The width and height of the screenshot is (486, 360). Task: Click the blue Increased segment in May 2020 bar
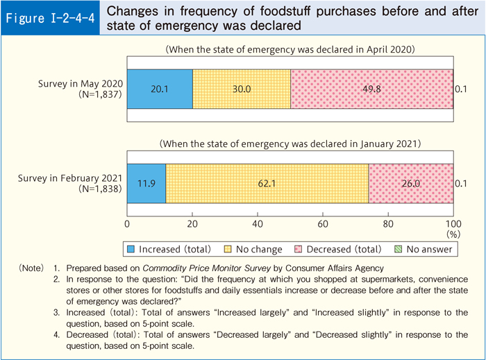(x=160, y=89)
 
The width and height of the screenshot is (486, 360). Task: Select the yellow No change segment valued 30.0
(x=242, y=89)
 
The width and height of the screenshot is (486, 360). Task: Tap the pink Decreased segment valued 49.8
(x=371, y=89)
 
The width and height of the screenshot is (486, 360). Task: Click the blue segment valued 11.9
(x=146, y=183)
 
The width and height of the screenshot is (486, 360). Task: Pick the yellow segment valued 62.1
(x=267, y=183)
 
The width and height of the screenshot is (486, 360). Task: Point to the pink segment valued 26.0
(x=410, y=183)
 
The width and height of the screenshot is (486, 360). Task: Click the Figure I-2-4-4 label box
(x=51, y=19)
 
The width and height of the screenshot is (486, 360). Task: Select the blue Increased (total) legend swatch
(x=131, y=249)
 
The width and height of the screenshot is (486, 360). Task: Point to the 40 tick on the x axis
(x=258, y=224)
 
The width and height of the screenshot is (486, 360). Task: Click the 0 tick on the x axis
(x=127, y=224)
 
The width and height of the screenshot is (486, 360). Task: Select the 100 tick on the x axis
(x=453, y=224)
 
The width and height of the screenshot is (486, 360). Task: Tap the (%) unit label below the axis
(x=453, y=234)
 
